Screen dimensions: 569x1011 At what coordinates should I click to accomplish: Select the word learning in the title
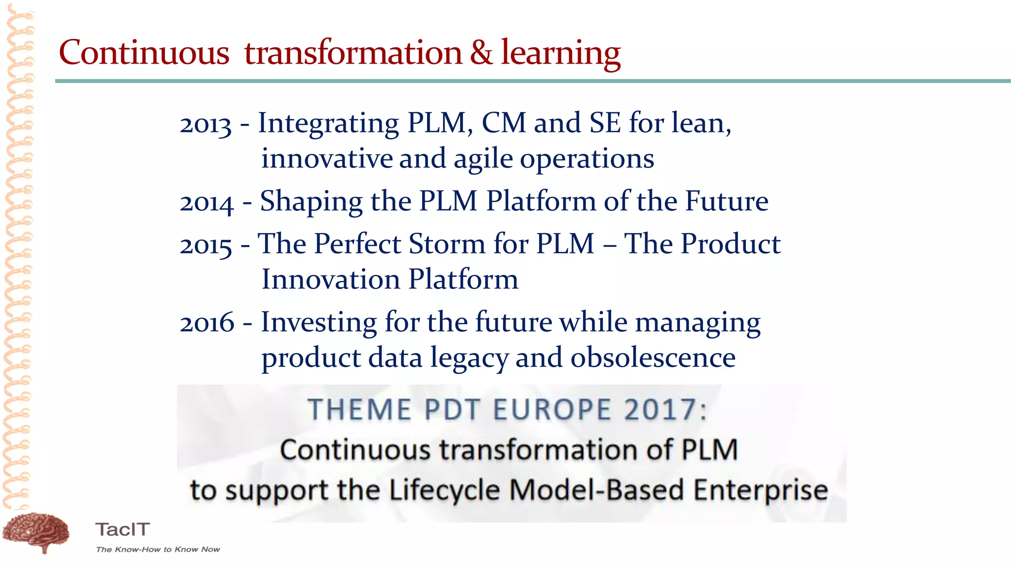[x=561, y=53]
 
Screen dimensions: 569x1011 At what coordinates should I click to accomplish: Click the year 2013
[x=205, y=125]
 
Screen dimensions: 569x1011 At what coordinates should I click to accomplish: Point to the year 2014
[x=206, y=203]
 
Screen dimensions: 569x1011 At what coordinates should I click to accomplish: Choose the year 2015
[x=206, y=245]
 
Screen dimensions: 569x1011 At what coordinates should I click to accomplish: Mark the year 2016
[x=207, y=324]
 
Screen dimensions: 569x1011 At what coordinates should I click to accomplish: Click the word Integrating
[x=328, y=123]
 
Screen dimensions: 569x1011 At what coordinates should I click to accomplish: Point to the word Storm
[x=447, y=244]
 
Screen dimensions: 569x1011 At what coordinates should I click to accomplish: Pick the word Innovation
[x=331, y=280]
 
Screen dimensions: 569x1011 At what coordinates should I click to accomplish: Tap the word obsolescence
[x=653, y=358]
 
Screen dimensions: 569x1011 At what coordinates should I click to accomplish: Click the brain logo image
[x=36, y=532]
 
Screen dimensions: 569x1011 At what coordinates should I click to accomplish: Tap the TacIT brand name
[x=122, y=529]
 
